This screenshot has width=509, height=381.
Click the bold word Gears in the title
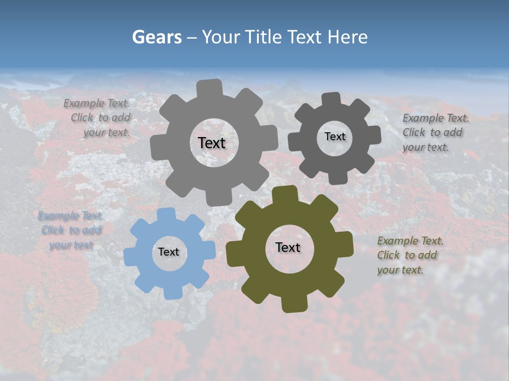tap(156, 37)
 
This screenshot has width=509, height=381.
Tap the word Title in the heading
tap(265, 37)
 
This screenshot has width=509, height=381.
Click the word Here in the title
tap(348, 37)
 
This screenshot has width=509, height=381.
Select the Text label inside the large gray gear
tap(212, 143)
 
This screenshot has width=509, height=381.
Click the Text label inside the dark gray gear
tap(335, 137)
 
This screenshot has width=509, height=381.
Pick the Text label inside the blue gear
tap(169, 252)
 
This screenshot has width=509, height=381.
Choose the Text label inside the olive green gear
tap(288, 247)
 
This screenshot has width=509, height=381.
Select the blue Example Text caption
tap(71, 230)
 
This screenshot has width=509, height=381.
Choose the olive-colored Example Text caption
tap(408, 255)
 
